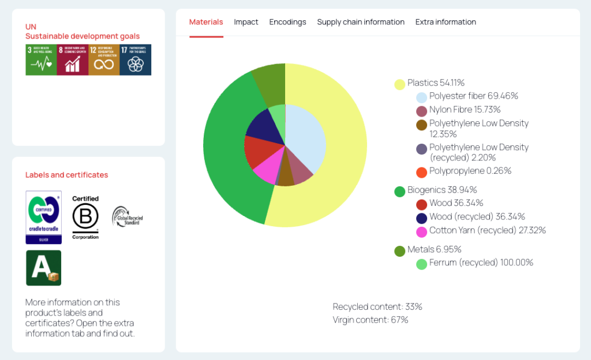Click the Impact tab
point(246,22)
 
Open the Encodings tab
point(287,22)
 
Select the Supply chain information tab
point(361,22)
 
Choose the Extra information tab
point(446,22)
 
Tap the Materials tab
point(206,22)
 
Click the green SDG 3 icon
point(41,60)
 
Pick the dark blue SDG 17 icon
point(136,60)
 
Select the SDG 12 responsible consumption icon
point(104,60)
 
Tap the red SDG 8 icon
point(73,60)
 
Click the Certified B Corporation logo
point(85,217)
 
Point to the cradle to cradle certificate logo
point(44,217)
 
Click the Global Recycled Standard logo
point(127,217)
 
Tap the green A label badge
point(44,268)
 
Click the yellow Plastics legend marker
point(399,84)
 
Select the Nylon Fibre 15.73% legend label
point(465,110)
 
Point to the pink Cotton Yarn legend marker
point(421,231)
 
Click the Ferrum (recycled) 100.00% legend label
point(481,262)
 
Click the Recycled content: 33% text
point(377,306)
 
